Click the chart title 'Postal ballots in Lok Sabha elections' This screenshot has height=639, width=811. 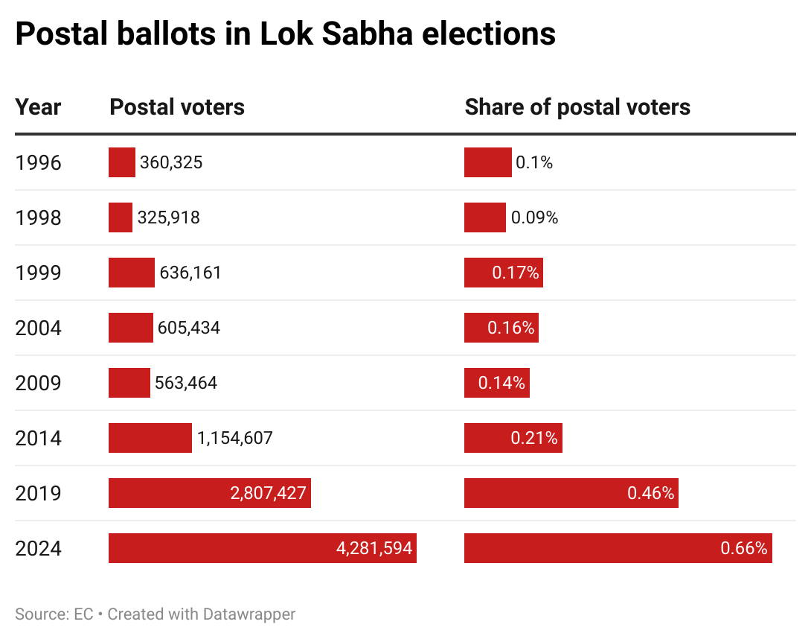[x=285, y=34]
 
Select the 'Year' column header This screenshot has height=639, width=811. [x=38, y=107]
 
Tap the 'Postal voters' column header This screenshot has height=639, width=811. [x=177, y=107]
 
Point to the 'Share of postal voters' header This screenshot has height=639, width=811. [x=577, y=107]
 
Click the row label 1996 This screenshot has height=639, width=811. [x=38, y=162]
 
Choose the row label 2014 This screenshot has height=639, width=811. [x=38, y=438]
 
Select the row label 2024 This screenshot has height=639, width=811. [x=38, y=548]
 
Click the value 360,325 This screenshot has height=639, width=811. [x=171, y=162]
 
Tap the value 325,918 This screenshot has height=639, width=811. [x=168, y=217]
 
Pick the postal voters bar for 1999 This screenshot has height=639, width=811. [x=132, y=273]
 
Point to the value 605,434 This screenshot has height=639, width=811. [x=189, y=328]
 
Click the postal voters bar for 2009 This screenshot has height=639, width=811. [x=129, y=383]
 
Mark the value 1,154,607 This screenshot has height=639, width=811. [x=235, y=438]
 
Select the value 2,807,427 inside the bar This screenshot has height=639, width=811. [x=269, y=493]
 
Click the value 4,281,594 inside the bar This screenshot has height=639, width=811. [x=374, y=548]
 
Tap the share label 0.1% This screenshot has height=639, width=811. [x=534, y=162]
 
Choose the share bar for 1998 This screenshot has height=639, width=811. [x=485, y=217]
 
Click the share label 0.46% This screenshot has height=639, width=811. [x=650, y=493]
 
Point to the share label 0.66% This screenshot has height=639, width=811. [x=743, y=548]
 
